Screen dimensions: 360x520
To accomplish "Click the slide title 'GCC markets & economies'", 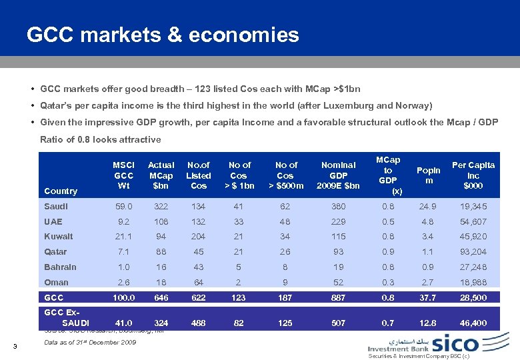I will (163, 35).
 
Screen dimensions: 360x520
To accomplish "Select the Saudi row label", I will (57, 207).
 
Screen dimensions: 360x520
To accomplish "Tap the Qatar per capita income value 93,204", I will (473, 251).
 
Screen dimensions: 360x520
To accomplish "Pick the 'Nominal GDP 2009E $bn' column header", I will (339, 175).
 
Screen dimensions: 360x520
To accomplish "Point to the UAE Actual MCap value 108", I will (161, 221).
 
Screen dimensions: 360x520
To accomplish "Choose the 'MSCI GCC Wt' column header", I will (124, 175).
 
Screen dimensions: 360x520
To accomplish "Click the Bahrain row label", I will (60, 267).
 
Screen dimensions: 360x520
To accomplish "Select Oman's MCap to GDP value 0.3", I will (387, 282).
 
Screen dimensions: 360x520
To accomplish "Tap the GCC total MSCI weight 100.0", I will (124, 298).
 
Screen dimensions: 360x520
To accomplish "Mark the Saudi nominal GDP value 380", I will (339, 207).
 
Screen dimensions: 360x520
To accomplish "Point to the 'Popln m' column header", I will (429, 175).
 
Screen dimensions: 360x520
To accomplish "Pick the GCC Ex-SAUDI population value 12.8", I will (429, 323).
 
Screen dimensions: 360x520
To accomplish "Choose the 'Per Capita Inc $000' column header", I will (473, 175).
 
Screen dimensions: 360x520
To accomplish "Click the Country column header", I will (61, 191).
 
